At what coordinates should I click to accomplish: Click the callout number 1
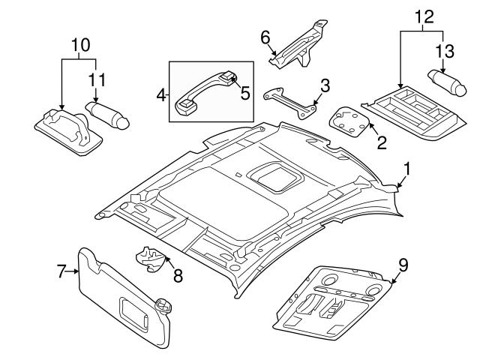(406, 170)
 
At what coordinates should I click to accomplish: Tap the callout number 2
(382, 142)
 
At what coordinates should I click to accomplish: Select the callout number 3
(325, 84)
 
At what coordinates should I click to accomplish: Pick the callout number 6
(264, 37)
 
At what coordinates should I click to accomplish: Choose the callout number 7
(62, 271)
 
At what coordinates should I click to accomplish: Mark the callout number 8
(178, 275)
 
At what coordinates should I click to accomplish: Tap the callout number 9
(403, 264)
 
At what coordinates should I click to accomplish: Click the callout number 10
(77, 44)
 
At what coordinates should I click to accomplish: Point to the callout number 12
(423, 16)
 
